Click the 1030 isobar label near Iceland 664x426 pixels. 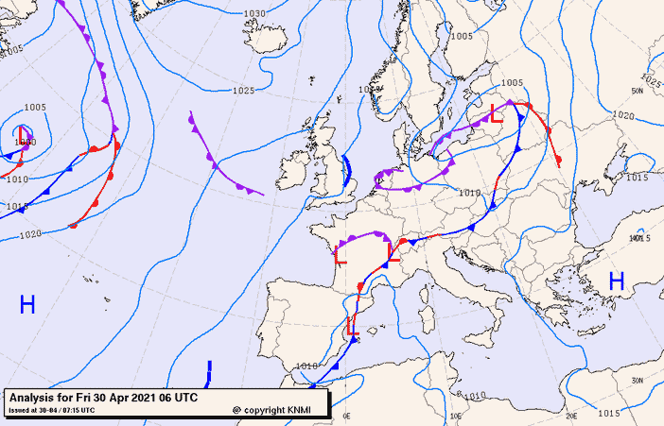(254, 14)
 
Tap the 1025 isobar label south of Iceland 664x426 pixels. (243, 91)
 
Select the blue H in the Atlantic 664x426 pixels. (27, 304)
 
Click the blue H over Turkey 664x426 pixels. (617, 281)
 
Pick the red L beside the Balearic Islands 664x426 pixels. (352, 326)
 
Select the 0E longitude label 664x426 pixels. (346, 416)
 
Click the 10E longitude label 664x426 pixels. (457, 416)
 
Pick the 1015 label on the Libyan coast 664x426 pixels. (609, 414)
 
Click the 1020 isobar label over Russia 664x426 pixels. (623, 115)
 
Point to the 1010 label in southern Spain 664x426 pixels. (306, 366)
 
